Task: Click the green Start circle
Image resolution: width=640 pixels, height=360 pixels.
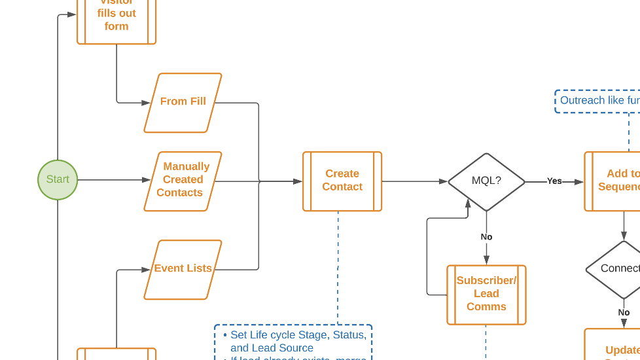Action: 58,179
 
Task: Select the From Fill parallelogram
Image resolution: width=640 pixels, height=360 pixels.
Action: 183,102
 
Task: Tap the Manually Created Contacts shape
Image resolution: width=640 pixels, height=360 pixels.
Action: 183,181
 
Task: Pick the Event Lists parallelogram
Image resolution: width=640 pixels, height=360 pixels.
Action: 183,269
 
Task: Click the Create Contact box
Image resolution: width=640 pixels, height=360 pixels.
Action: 342,181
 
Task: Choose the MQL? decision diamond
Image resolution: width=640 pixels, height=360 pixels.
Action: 486,181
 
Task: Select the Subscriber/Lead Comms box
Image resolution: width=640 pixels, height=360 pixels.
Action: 486,295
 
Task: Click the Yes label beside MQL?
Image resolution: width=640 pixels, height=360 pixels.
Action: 554,181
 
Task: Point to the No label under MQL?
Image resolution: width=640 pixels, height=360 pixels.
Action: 486,237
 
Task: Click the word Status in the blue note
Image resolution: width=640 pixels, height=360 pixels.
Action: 349,335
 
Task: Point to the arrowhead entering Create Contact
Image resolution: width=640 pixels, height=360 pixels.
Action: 298,181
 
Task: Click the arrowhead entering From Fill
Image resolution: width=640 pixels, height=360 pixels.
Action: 146,103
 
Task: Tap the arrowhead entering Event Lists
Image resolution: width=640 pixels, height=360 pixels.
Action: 146,269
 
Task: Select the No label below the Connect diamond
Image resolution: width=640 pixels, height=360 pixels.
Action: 624,312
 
